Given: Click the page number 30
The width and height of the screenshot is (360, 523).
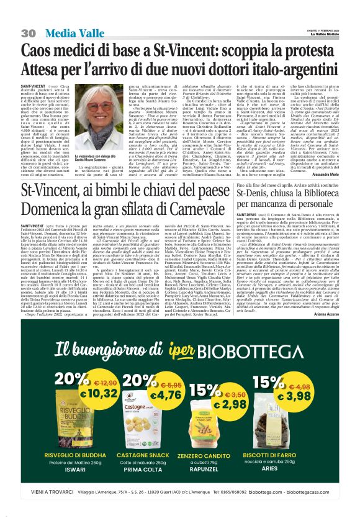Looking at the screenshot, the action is (27, 32).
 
